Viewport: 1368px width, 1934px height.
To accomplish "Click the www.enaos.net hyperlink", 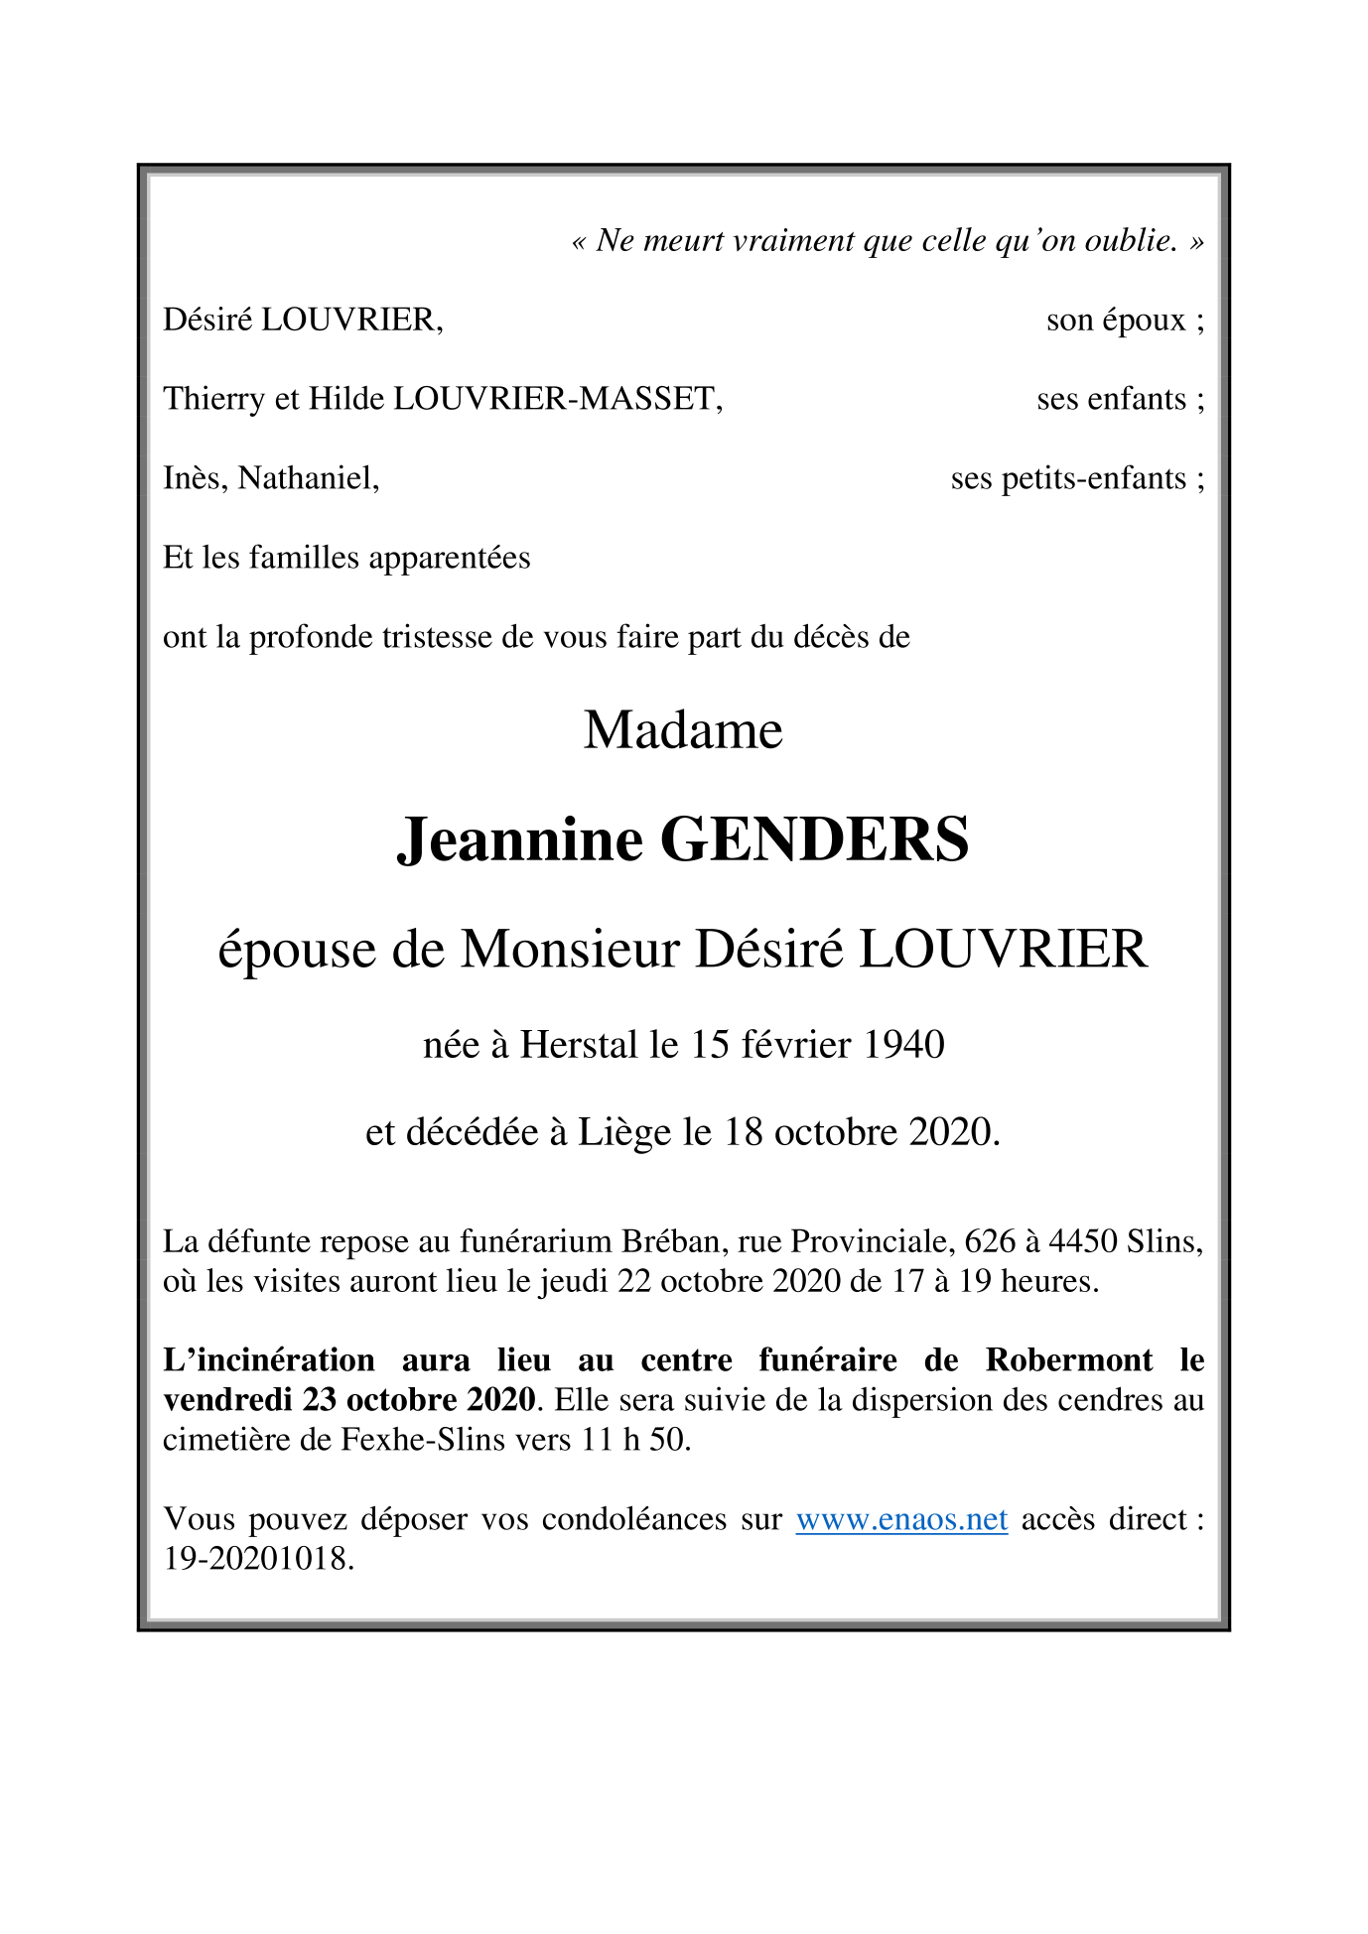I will [x=901, y=1519].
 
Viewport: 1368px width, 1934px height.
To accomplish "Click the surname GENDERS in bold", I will [x=814, y=839].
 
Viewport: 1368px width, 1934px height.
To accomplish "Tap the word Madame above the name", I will [x=683, y=730].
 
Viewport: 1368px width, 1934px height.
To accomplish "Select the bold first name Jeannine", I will [x=520, y=839].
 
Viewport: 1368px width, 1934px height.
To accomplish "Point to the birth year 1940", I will [x=903, y=1045].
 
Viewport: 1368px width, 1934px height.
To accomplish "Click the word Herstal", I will [x=579, y=1045].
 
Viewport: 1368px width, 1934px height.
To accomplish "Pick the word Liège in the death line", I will [x=624, y=1132].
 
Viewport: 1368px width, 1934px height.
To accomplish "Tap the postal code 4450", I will [x=1083, y=1241].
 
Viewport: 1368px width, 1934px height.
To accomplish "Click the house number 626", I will [x=990, y=1241].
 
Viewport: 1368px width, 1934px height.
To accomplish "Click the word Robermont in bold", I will [x=1069, y=1360].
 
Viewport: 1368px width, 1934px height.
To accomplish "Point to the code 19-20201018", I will [x=257, y=1559].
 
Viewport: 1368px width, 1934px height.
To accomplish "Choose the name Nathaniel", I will [x=308, y=478].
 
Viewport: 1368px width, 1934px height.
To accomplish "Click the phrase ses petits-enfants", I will [x=1068, y=478].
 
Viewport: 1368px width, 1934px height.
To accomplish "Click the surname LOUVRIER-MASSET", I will [x=557, y=399].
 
